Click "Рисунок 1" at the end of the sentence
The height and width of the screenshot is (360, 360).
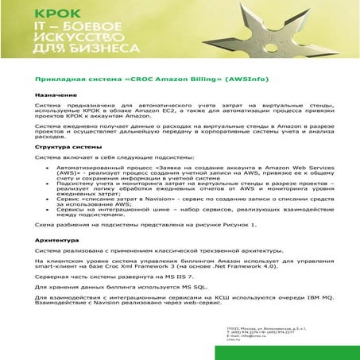[x=241, y=225]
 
